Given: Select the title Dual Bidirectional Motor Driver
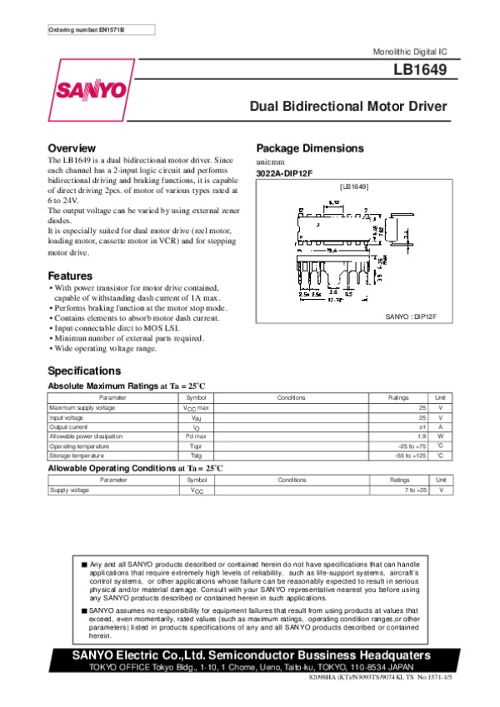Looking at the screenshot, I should (349, 107).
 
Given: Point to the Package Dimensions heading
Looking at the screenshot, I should (310, 148).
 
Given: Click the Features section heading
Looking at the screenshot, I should (70, 276).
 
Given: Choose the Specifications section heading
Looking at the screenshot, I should (84, 370).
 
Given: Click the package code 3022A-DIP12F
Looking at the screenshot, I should (284, 172).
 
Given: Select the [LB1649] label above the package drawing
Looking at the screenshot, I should (355, 187).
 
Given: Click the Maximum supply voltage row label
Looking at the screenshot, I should (82, 408).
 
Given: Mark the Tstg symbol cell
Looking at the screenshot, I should (197, 456).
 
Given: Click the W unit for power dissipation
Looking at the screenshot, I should (441, 436).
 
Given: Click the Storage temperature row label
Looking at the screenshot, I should (77, 456).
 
